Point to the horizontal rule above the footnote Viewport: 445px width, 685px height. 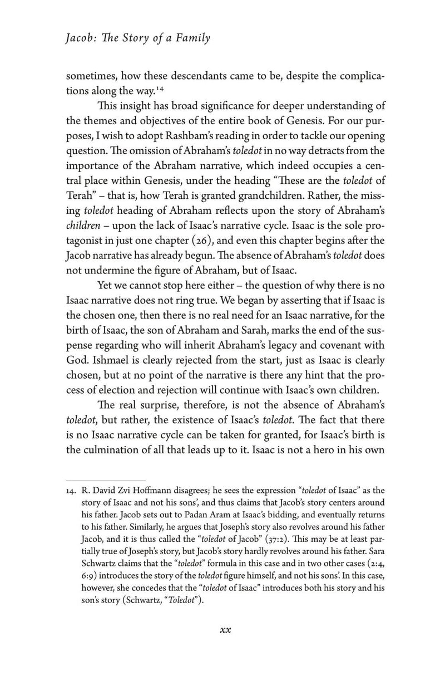pyautogui.click(x=106, y=479)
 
